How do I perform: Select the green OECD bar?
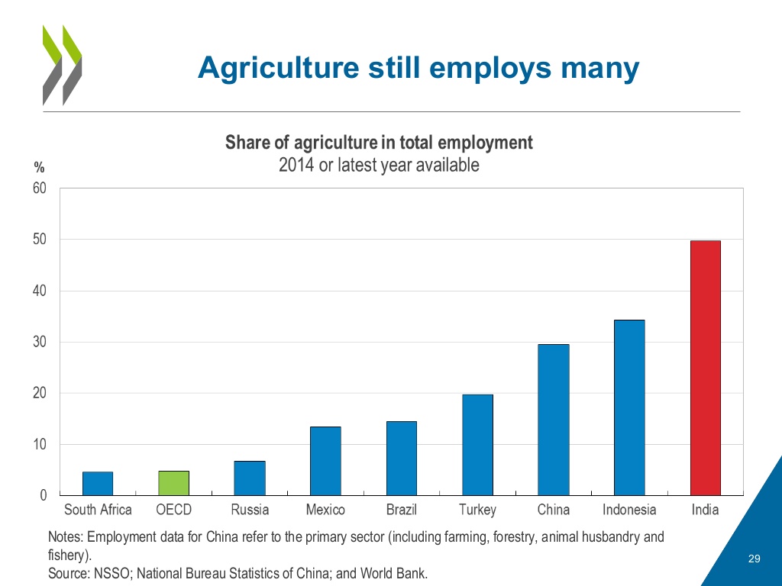[x=173, y=483]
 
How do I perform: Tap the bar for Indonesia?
[x=629, y=407]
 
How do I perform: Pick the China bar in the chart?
[x=553, y=420]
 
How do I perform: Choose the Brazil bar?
[x=402, y=458]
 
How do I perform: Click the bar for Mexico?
[x=325, y=461]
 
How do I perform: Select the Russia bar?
[x=250, y=478]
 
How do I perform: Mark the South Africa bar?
[x=98, y=483]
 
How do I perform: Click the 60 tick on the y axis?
[x=40, y=188]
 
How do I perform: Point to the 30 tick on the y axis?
[x=40, y=342]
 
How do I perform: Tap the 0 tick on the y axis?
[x=44, y=495]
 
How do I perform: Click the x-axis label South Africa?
[x=98, y=510]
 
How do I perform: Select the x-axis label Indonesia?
[x=629, y=510]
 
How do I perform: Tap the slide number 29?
[x=755, y=560]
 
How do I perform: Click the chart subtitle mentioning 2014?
[x=379, y=164]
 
